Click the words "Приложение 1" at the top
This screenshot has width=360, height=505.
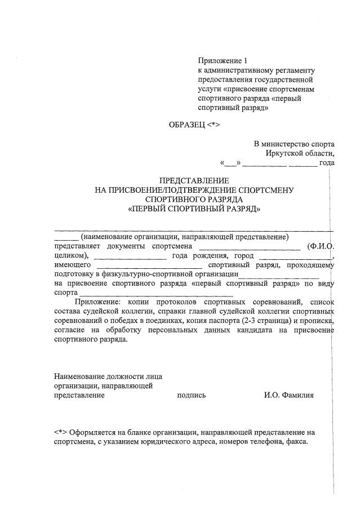pos(223,61)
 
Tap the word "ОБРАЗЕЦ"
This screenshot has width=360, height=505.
pos(186,125)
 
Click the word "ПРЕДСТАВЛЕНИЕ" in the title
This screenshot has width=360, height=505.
pos(195,181)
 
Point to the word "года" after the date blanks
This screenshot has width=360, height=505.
pos(327,163)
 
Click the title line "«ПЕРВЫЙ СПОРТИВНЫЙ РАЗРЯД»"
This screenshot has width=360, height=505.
pos(195,209)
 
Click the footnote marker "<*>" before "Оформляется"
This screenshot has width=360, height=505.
pos(61,433)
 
